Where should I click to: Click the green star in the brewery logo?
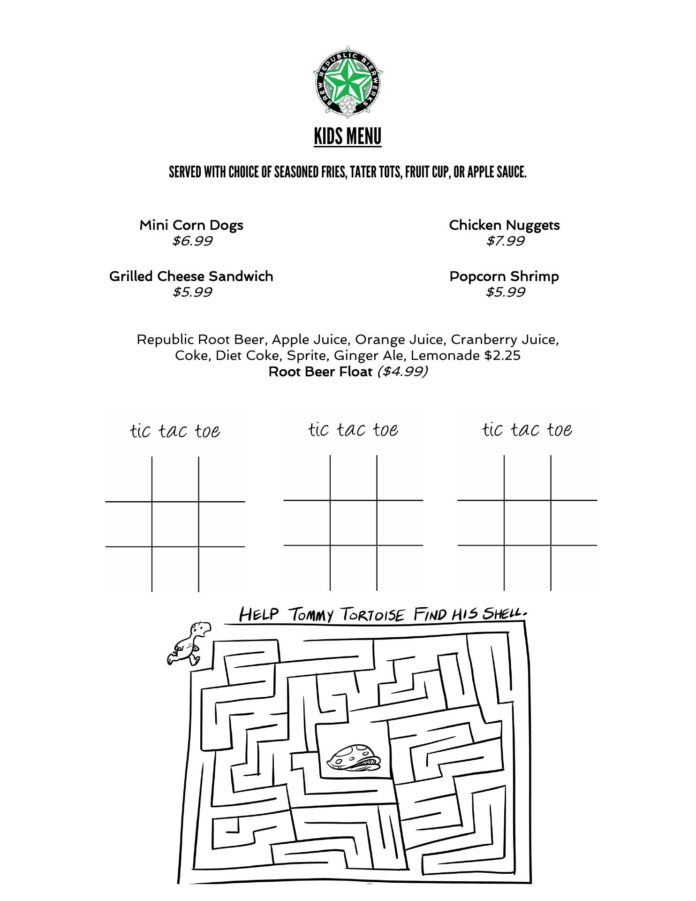[348, 81]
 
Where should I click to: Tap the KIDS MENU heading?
[348, 137]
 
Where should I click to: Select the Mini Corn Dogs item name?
[191, 225]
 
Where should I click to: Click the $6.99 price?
[192, 241]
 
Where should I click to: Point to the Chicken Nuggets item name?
[504, 225]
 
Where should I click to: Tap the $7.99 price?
[505, 241]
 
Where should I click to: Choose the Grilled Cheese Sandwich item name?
[191, 276]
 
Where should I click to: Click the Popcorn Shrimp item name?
[504, 276]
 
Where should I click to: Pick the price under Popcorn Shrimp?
[505, 292]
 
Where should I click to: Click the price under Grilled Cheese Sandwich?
[192, 292]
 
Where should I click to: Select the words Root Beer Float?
[320, 372]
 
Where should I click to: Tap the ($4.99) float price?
[402, 372]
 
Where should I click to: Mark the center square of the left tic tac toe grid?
[175, 524]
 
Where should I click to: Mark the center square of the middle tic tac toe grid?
[354, 523]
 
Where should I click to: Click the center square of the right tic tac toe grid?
[528, 523]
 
